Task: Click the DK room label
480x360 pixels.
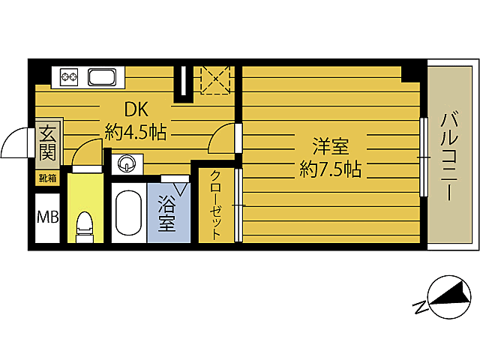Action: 136,109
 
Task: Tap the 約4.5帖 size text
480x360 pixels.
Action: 136,132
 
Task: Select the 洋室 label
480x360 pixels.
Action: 331,146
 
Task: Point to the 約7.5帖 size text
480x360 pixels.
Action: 331,169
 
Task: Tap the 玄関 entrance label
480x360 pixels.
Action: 47,143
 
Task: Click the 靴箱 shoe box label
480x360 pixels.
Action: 47,178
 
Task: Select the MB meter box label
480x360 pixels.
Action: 48,217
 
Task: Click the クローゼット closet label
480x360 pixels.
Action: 215,205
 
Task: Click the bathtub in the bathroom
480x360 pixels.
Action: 129,213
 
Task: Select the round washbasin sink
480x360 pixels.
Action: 127,163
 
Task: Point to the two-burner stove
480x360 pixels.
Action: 69,76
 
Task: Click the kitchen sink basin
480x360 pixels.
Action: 102,77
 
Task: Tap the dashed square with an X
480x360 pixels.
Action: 215,79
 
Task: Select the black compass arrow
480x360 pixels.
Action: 450,295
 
